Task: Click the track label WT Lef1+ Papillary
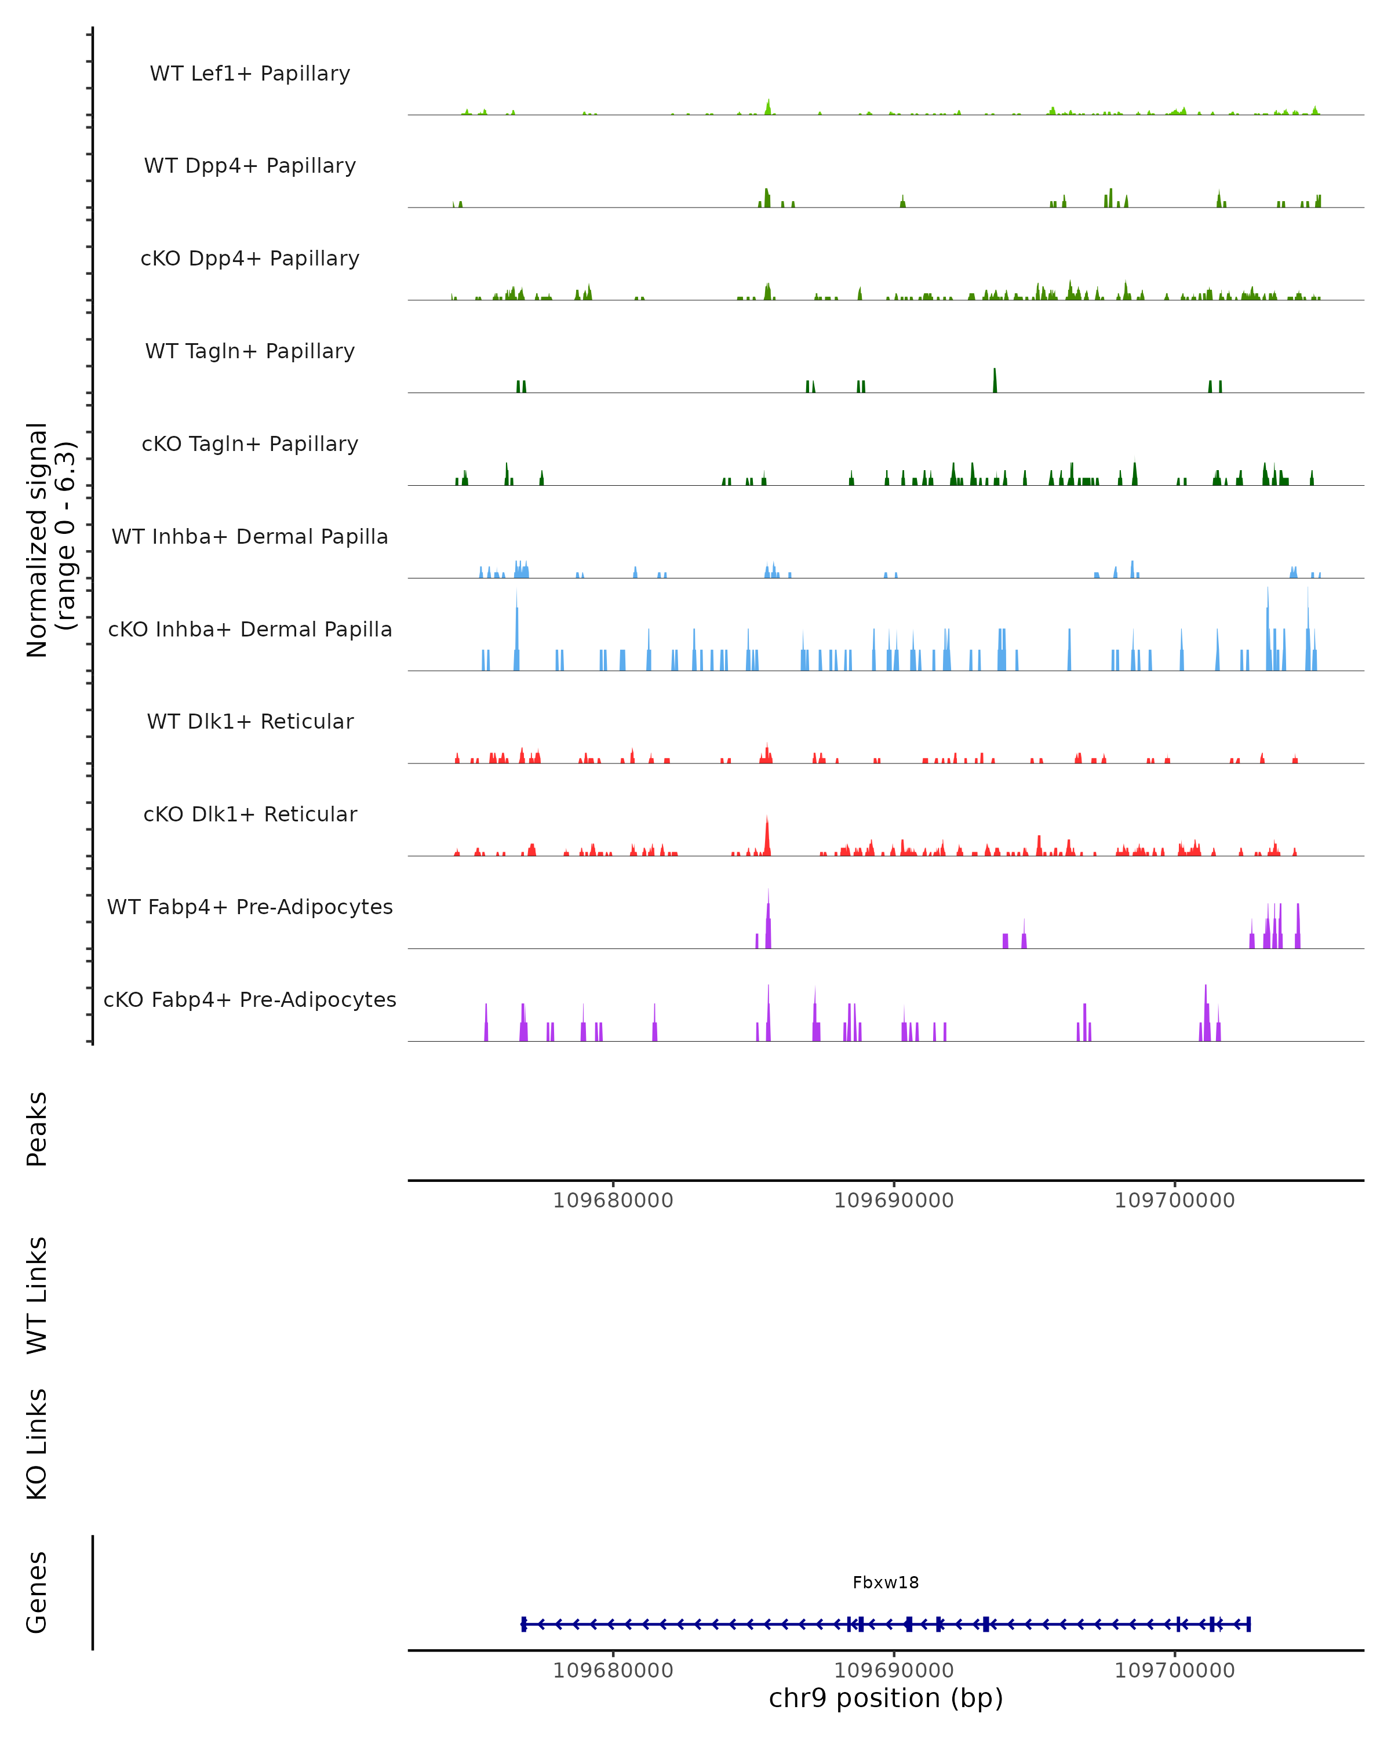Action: click(250, 74)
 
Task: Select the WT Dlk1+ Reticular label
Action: click(250, 721)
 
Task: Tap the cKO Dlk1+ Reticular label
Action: click(250, 814)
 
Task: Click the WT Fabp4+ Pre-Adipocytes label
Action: click(250, 907)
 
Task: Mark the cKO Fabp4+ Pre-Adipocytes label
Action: click(250, 999)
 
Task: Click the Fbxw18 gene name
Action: click(886, 1582)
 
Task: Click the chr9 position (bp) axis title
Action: click(886, 1698)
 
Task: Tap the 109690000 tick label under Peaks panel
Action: click(894, 1200)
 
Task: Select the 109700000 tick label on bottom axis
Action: click(1174, 1671)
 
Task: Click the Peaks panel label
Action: click(37, 1129)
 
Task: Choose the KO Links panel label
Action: click(37, 1444)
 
